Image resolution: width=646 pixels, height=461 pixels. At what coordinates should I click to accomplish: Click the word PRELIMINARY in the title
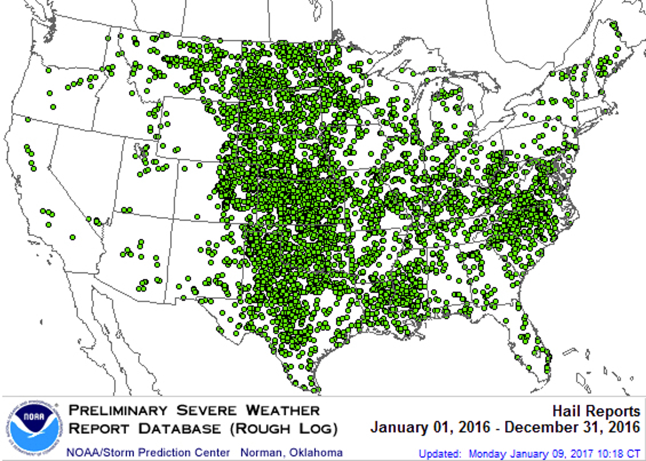click(x=118, y=411)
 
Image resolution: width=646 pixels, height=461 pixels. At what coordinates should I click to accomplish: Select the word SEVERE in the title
click(x=206, y=411)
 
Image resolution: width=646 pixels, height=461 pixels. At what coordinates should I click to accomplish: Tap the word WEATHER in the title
click(x=283, y=411)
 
